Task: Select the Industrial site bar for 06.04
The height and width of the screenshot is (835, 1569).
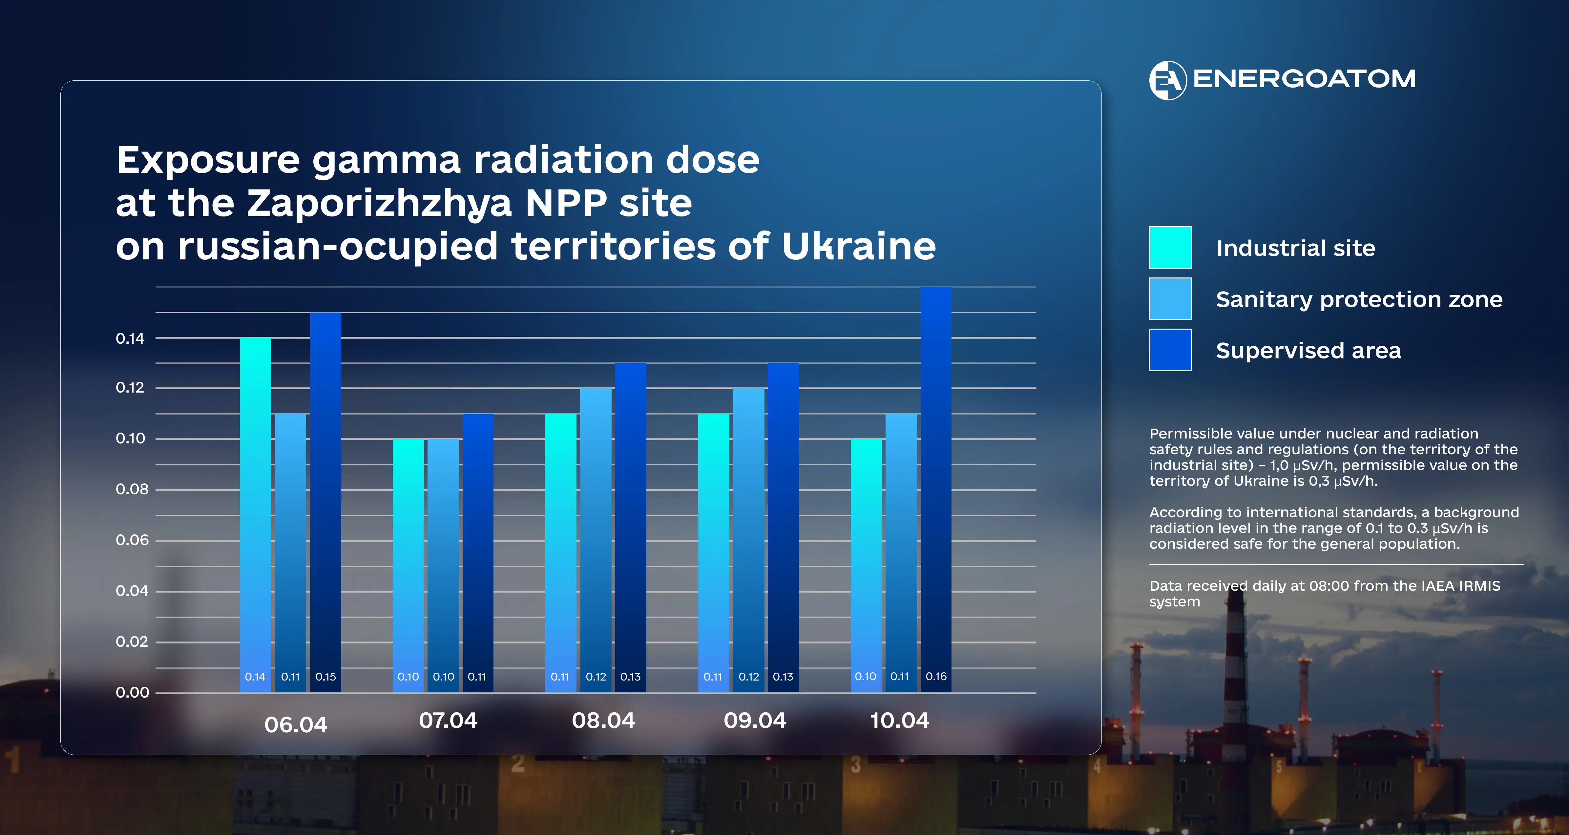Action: click(255, 515)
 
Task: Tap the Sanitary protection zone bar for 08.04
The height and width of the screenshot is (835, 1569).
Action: click(596, 540)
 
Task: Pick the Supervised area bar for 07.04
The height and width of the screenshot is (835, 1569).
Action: click(477, 553)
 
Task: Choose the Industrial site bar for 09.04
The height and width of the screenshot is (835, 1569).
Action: click(713, 553)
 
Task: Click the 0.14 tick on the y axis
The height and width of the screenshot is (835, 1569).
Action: click(130, 339)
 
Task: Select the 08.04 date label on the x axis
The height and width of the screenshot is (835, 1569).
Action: click(603, 721)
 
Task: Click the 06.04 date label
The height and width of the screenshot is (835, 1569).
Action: click(296, 725)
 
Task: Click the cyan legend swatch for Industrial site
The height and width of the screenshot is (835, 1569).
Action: click(1170, 247)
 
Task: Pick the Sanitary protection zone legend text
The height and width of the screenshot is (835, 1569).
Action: click(1359, 300)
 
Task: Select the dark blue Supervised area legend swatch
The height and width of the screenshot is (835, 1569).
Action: click(1170, 350)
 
